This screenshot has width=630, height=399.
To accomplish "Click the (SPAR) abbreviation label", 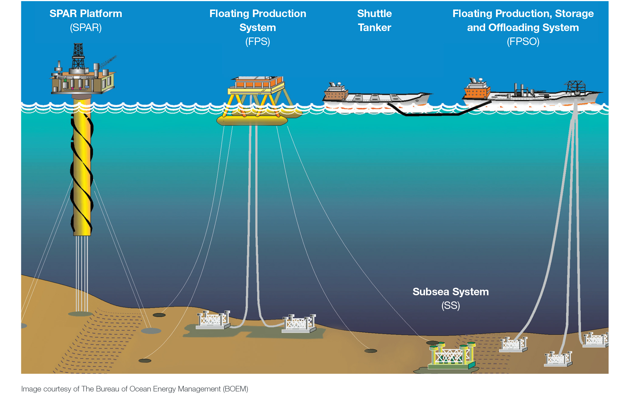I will tap(86, 28).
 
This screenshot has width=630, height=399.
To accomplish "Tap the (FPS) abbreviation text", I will tap(257, 42).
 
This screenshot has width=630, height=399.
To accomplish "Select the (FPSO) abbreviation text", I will tap(523, 42).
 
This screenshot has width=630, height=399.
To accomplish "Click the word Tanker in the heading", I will tap(374, 28).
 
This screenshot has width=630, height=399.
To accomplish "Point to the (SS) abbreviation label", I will tap(450, 305).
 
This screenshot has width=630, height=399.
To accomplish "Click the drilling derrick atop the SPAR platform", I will tap(78, 56).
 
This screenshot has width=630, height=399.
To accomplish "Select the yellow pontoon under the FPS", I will tap(252, 121).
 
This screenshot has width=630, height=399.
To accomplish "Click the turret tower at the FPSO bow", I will tap(575, 87).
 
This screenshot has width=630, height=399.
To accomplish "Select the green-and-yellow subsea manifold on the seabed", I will tap(451, 356).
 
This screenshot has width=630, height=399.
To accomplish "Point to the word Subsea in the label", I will tap(431, 292).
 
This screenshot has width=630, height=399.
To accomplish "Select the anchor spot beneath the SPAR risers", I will tap(80, 314).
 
